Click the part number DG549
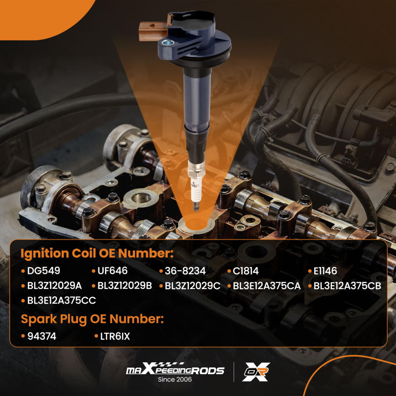pyautogui.click(x=44, y=271)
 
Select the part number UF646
pyautogui.click(x=113, y=271)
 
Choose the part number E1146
pyautogui.click(x=326, y=271)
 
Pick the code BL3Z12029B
pyautogui.click(x=124, y=286)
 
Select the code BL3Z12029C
pyautogui.click(x=192, y=286)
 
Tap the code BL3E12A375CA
pyautogui.click(x=267, y=286)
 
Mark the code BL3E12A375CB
pyautogui.click(x=347, y=286)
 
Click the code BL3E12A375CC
pyautogui.click(x=62, y=301)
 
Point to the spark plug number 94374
pyautogui.click(x=42, y=336)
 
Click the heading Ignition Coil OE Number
pyautogui.click(x=97, y=254)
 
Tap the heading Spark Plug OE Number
pyautogui.click(x=92, y=319)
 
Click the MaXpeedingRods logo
pyautogui.click(x=175, y=370)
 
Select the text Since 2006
pyautogui.click(x=175, y=379)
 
